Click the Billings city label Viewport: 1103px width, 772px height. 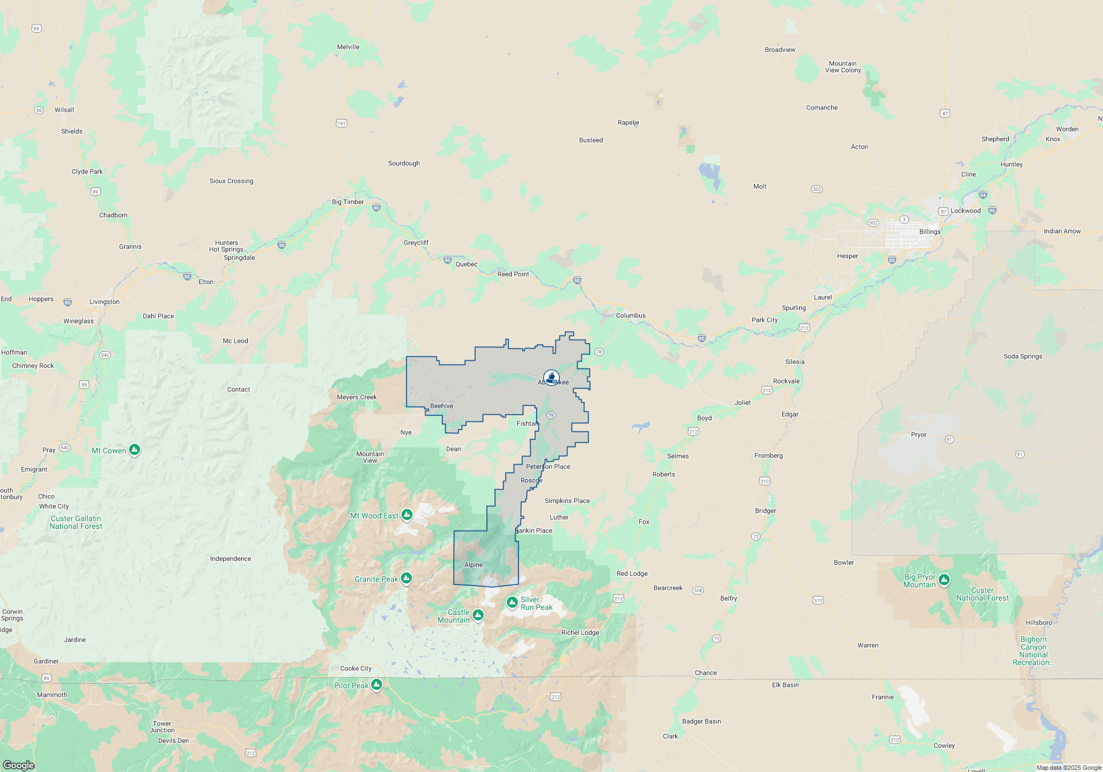coord(930,232)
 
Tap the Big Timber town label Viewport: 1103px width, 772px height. coord(347,202)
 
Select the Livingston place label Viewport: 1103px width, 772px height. coord(104,302)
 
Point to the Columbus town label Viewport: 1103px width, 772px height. coord(630,315)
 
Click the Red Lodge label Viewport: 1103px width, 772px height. coord(632,573)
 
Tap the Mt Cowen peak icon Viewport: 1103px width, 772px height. coord(135,450)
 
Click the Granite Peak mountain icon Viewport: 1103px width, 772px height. coord(406,578)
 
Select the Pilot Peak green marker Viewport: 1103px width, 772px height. coord(377,684)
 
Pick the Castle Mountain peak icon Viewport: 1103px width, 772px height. coord(478,615)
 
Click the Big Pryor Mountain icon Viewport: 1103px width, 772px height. coord(944,580)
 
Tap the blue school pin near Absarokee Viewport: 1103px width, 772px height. coord(551,378)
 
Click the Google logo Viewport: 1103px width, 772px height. coord(19,765)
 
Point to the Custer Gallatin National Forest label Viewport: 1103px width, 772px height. coord(76,522)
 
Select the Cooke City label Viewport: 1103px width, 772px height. coord(356,668)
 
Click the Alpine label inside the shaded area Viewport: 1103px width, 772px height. coord(473,565)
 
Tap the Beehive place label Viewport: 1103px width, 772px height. coord(441,406)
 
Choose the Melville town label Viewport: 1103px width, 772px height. coord(348,47)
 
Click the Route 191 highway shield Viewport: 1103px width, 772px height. coord(341,123)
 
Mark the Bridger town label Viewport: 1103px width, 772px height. coord(765,511)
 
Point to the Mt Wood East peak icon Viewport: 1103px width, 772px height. coord(407,515)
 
